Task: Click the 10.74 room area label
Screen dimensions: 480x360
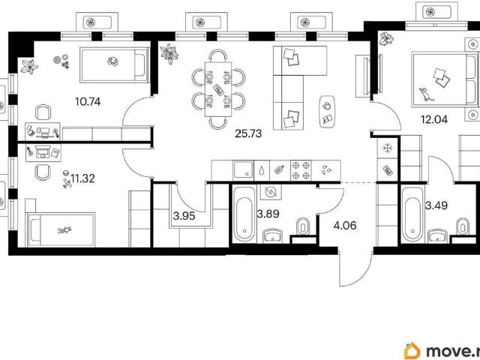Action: point(88,101)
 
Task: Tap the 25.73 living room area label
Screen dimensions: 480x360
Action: point(248,133)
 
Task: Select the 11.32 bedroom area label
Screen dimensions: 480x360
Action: point(82,178)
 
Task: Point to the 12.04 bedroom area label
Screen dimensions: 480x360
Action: point(434,119)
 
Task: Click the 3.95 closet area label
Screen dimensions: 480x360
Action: point(184,216)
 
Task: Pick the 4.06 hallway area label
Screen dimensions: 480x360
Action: point(345,226)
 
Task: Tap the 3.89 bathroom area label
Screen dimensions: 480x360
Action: point(268,214)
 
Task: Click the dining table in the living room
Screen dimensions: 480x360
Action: point(218,89)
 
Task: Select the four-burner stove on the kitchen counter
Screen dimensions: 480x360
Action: point(301,170)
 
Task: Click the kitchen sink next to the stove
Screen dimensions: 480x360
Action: point(243,170)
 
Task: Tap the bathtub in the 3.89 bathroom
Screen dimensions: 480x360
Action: point(244,215)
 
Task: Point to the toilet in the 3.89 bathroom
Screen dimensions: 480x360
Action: point(303,226)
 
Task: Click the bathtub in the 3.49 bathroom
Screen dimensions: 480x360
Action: point(412,215)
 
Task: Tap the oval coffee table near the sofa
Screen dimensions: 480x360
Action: point(327,112)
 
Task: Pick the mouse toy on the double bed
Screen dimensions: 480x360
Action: point(426,94)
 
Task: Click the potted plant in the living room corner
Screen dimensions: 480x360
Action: point(169,53)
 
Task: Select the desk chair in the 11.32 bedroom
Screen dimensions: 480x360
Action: point(42,172)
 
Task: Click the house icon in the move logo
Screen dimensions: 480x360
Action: point(412,351)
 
